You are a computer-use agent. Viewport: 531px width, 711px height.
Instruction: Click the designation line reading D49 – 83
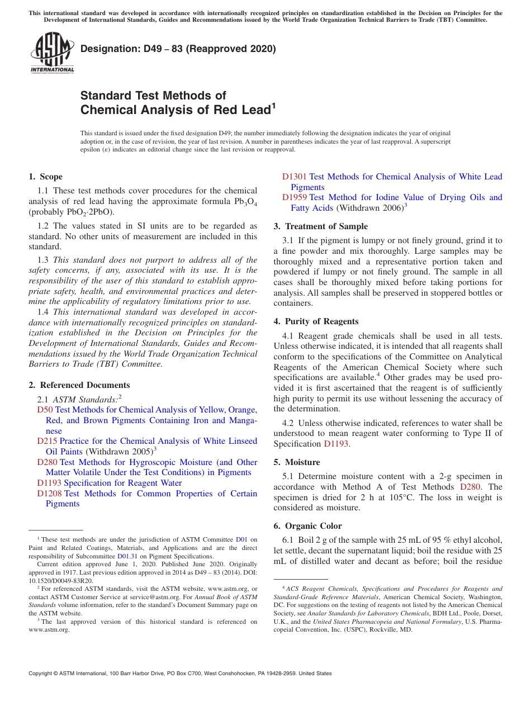pyautogui.click(x=178, y=49)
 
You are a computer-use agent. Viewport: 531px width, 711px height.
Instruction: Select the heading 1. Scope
pyautogui.click(x=46, y=177)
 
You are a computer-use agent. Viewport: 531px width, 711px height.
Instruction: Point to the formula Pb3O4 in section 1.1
pyautogui.click(x=245, y=202)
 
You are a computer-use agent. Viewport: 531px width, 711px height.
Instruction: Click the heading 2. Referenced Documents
pyautogui.click(x=79, y=385)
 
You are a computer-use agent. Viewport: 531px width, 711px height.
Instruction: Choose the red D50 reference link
pyautogui.click(x=45, y=410)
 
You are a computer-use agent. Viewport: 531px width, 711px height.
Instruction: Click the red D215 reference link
pyautogui.click(x=47, y=442)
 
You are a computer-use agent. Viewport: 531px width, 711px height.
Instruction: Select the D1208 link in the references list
pyautogui.click(x=49, y=494)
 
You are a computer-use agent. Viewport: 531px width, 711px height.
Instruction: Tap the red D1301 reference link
pyautogui.click(x=294, y=177)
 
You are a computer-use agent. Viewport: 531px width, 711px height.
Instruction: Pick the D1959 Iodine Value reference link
pyautogui.click(x=294, y=197)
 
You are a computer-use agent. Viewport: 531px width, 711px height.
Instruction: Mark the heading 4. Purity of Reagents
pyautogui.click(x=316, y=321)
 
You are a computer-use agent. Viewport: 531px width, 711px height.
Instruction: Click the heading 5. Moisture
pyautogui.click(x=297, y=462)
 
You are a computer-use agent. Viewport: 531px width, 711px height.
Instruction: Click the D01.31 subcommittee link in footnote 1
pyautogui.click(x=127, y=557)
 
